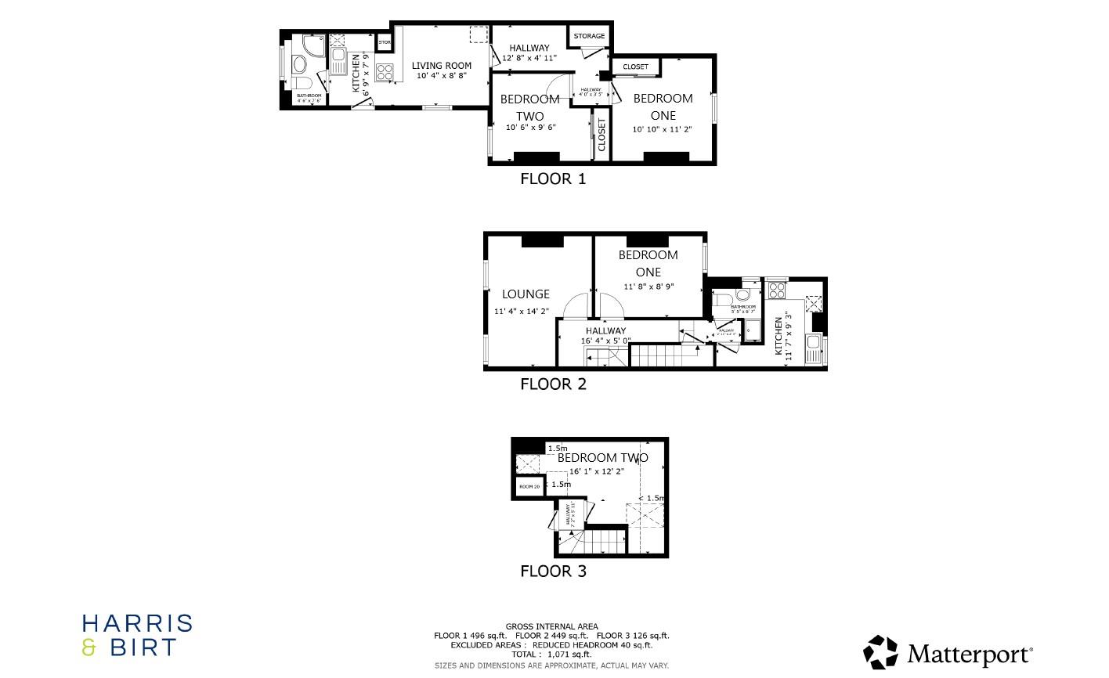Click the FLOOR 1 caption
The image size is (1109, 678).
[553, 179]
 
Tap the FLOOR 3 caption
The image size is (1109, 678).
[553, 572]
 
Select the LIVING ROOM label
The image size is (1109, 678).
[442, 66]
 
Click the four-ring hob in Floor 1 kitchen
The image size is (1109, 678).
[385, 72]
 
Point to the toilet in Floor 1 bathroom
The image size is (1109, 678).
[302, 83]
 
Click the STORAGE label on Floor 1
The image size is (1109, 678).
[589, 36]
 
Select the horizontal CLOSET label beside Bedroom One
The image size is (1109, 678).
[635, 67]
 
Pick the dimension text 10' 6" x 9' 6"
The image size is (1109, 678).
[530, 128]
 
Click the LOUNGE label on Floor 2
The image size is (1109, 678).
[526, 294]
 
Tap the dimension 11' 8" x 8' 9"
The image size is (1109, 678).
[648, 287]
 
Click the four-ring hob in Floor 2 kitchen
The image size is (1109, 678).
[777, 291]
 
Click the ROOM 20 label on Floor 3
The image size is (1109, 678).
[529, 487]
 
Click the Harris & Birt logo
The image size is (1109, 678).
[137, 635]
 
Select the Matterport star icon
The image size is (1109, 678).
[881, 652]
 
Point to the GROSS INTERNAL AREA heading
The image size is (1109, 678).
[551, 626]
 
